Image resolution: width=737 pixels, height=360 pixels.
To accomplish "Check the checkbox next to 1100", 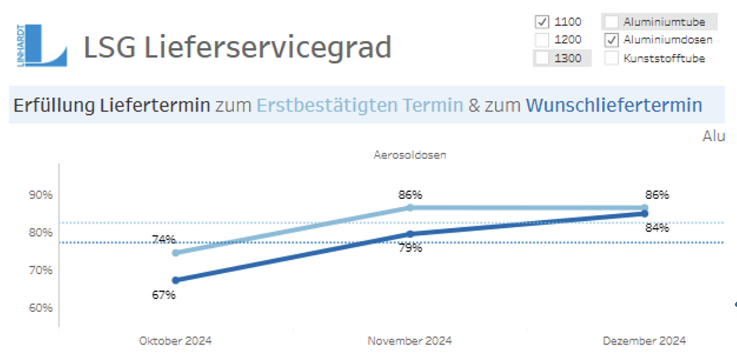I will point(542,22).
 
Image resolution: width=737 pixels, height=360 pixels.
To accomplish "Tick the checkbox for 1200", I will point(542,40).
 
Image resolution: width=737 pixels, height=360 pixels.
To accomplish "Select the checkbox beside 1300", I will point(542,58).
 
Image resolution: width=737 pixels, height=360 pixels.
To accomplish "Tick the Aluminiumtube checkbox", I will point(611,22).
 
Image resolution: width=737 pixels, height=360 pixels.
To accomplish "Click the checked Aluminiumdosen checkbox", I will point(611,40).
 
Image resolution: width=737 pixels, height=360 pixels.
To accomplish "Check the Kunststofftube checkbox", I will point(611,58).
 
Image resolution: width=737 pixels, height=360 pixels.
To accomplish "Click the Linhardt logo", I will point(43,45).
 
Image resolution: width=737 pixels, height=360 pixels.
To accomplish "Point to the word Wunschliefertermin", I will point(613,105).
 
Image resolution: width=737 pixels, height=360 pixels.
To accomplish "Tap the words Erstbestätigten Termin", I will point(359,105).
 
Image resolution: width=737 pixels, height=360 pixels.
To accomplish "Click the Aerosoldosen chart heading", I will point(410,156).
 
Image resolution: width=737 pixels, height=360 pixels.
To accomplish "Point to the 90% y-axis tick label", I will point(41,195).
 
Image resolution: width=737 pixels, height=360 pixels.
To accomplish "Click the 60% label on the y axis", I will point(41,308).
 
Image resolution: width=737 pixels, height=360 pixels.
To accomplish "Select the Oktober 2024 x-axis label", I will point(175,341).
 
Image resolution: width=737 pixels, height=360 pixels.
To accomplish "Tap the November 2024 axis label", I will point(410,341).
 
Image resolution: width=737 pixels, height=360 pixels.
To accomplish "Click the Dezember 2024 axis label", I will point(644,341).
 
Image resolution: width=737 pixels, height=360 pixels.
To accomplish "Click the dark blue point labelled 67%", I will point(176,280).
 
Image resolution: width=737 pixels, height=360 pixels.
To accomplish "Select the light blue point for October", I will point(176,253).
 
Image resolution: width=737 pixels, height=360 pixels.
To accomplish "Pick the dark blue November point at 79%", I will point(410,234).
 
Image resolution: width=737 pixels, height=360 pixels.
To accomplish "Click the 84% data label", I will point(657,228).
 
